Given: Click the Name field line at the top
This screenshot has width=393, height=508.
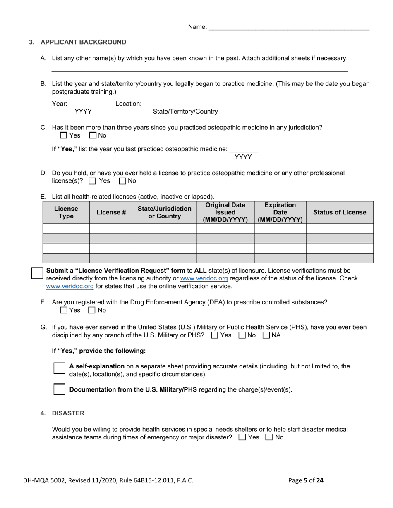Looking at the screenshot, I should [x=289, y=27].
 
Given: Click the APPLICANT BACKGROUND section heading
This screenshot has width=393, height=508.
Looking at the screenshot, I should [x=83, y=42].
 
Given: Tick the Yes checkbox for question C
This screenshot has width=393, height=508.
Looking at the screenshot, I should [x=63, y=135].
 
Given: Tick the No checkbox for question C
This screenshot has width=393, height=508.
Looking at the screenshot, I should [x=93, y=135].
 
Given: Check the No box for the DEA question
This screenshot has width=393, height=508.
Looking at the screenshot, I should [x=92, y=310].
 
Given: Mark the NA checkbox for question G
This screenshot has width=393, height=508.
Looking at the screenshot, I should [x=266, y=335].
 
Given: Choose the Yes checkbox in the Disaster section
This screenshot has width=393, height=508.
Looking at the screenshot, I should [x=242, y=437].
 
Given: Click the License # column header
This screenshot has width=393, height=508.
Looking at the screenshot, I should [x=111, y=212].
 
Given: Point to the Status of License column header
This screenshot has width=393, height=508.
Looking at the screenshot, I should [x=339, y=212].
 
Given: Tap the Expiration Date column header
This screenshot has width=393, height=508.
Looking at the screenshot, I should [x=280, y=212].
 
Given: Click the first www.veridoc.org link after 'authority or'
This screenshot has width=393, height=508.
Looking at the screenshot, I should [x=204, y=278].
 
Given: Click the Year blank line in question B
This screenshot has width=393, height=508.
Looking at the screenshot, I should [x=83, y=104].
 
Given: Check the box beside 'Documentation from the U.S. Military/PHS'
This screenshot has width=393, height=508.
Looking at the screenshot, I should [x=60, y=389].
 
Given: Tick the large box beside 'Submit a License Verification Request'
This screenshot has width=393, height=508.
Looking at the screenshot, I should [x=37, y=273].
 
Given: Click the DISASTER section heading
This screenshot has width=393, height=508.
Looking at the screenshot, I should [x=68, y=413].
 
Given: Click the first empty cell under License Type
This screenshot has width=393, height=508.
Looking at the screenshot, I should [x=66, y=228].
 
